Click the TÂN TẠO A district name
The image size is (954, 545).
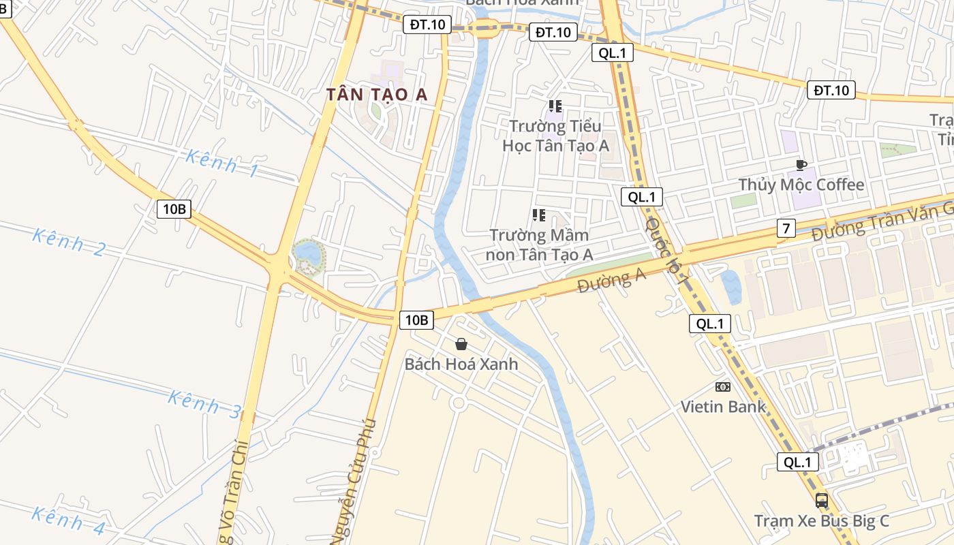(377, 95)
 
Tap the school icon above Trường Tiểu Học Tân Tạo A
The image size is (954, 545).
(555, 106)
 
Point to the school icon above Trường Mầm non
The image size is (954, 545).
(539, 216)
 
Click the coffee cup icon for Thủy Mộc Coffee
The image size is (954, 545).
(801, 165)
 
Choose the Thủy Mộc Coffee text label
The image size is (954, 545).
(801, 185)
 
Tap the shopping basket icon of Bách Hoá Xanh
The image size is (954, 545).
(461, 344)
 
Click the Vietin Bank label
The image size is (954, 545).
(723, 407)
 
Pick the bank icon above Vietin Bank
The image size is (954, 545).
(723, 387)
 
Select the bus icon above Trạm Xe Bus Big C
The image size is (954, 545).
(822, 501)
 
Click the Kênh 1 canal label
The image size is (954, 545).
(222, 163)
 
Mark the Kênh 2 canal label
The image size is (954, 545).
(69, 243)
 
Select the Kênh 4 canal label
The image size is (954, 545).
(69, 520)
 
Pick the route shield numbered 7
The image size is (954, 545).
(786, 228)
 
